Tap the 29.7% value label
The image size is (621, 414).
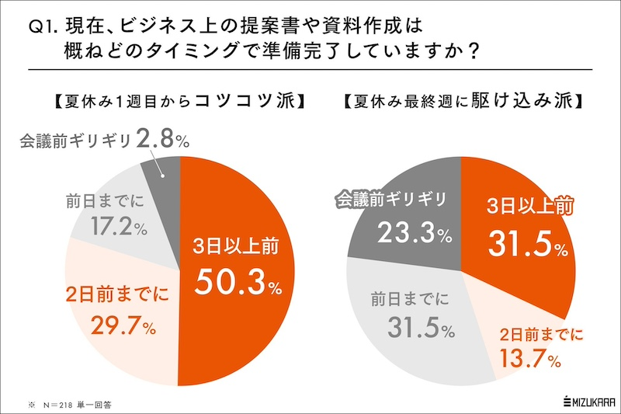(109, 325)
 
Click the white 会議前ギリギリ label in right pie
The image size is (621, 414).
(391, 200)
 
